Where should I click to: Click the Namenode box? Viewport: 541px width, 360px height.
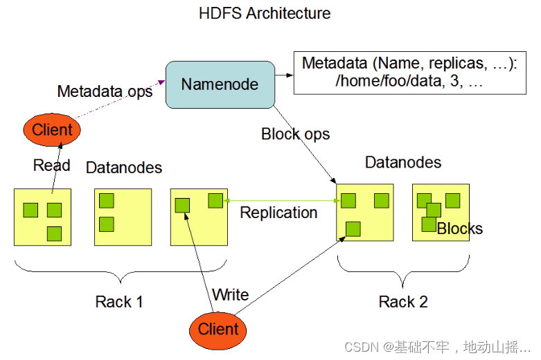[x=220, y=84]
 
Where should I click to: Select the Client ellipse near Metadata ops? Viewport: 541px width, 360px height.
[x=53, y=129]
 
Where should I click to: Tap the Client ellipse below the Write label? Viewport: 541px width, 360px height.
[x=218, y=329]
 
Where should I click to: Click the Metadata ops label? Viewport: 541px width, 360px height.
[x=105, y=91]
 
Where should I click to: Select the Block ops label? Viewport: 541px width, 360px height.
[x=296, y=134]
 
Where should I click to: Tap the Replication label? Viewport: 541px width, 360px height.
[x=278, y=213]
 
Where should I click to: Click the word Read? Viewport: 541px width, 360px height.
[x=51, y=165]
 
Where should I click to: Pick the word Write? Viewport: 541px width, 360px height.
[x=230, y=294]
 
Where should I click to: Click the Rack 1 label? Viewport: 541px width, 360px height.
[x=119, y=302]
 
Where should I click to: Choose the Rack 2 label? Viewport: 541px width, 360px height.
[x=403, y=302]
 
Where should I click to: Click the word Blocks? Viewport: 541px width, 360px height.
[x=460, y=228]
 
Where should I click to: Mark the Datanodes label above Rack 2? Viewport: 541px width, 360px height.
[x=403, y=163]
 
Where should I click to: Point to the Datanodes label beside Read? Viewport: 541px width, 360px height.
[x=124, y=168]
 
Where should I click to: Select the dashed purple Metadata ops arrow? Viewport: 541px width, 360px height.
[x=118, y=104]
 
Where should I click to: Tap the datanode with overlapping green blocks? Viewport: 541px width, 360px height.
[x=441, y=212]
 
